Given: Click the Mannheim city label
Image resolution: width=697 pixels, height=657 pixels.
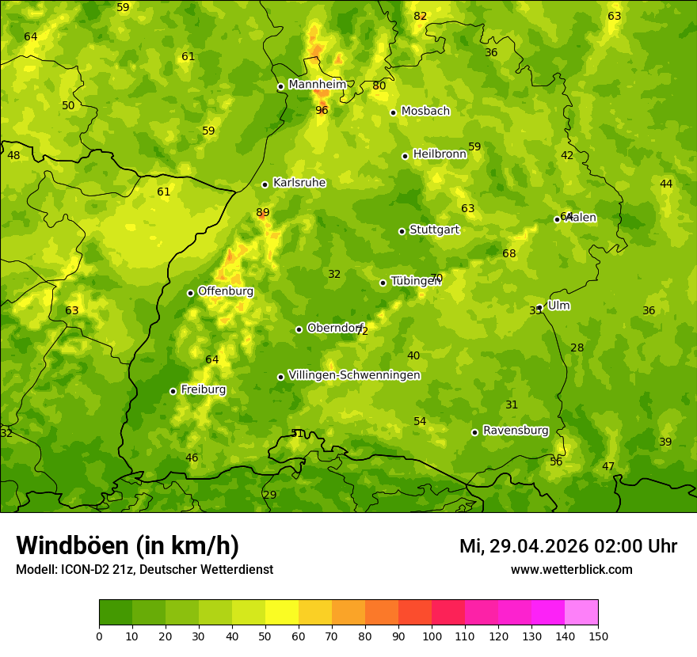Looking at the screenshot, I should (x=318, y=85).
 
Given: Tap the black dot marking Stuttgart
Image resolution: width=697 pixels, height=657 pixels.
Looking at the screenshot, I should (x=402, y=231).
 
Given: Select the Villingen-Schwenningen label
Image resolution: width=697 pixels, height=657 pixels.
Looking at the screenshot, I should (x=354, y=375).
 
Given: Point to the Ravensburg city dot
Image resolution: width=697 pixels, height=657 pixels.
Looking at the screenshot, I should (x=474, y=432).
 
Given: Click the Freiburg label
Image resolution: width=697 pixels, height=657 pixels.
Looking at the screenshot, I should (x=203, y=389).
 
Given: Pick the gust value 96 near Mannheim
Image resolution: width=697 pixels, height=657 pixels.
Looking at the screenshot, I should (x=322, y=110).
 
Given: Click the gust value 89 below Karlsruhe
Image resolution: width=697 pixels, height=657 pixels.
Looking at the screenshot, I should (x=263, y=212).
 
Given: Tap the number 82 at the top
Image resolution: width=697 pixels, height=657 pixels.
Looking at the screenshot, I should (x=420, y=16).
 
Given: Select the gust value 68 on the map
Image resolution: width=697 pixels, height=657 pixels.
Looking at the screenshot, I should (x=508, y=253).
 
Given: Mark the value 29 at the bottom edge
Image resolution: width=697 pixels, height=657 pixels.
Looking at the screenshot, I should (x=270, y=495).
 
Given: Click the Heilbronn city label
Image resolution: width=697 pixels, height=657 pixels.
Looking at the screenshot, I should (x=440, y=154).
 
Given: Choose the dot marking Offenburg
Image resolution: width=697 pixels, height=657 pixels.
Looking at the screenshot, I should (x=190, y=293).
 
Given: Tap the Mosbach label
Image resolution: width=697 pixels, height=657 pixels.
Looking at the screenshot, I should (x=425, y=111).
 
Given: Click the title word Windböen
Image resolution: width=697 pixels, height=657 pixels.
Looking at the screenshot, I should (x=71, y=545).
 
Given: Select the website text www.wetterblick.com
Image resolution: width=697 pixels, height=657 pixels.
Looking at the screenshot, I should (x=571, y=569).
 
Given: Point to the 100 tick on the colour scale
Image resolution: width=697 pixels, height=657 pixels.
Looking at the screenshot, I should (x=432, y=636).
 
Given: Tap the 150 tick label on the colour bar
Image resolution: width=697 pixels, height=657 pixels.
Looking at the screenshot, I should (x=598, y=636).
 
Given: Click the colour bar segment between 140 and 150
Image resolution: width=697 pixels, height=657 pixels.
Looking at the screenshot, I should (x=581, y=612).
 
